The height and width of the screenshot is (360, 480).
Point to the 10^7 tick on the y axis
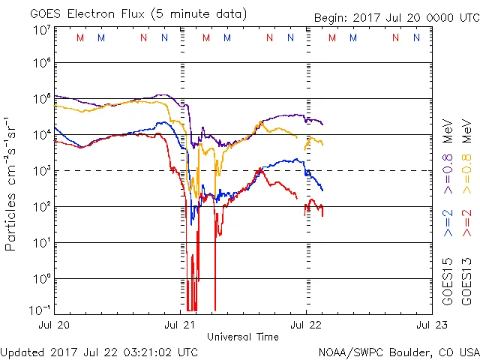[x=41, y=31]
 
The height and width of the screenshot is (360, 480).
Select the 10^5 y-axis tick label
[x=41, y=99]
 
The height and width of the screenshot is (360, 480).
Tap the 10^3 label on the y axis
[x=41, y=171]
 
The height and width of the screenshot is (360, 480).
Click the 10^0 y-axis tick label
[x=41, y=279]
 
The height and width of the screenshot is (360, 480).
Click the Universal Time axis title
[x=243, y=337]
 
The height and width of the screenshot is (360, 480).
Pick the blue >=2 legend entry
[x=448, y=223]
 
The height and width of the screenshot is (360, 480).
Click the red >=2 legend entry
[x=466, y=223]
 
